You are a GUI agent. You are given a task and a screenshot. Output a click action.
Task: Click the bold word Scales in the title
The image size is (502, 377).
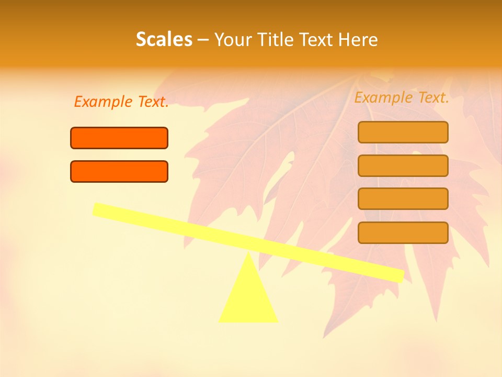pyautogui.click(x=164, y=39)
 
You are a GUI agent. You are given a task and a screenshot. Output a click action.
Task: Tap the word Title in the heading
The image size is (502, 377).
pyautogui.click(x=277, y=39)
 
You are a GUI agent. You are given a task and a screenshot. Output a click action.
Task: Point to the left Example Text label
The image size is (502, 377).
pyautogui.click(x=121, y=102)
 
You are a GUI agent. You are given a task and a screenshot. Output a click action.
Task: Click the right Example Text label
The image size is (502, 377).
pyautogui.click(x=402, y=97)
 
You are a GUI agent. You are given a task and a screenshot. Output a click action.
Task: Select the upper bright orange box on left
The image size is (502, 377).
pyautogui.click(x=119, y=138)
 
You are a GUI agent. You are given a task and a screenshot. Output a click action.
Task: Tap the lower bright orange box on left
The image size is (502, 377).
pyautogui.click(x=119, y=171)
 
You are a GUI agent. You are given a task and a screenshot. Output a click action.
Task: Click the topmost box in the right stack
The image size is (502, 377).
pyautogui.click(x=403, y=132)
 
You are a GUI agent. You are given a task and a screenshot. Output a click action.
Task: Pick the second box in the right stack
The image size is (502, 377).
pyautogui.click(x=403, y=165)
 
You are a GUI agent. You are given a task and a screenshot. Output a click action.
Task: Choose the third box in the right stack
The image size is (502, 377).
pyautogui.click(x=403, y=198)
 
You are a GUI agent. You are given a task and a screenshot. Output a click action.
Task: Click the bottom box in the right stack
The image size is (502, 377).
pyautogui.click(x=403, y=232)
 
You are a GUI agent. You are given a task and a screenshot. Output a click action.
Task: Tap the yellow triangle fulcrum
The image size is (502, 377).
pyautogui.click(x=248, y=298)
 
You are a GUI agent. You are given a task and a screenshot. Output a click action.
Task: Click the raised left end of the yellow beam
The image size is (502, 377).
pyautogui.click(x=98, y=209)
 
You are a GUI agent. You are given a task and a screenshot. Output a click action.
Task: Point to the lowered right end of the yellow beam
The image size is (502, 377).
pyautogui.click(x=398, y=275)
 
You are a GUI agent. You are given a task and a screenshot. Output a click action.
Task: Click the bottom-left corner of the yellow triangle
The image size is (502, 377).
pyautogui.click(x=220, y=320)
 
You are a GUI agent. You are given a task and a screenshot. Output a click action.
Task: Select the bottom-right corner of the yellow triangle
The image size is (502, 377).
pyautogui.click(x=277, y=320)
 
